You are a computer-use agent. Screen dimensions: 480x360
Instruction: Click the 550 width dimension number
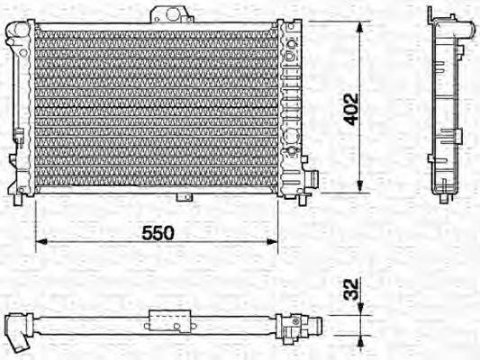pyautogui.click(x=158, y=233)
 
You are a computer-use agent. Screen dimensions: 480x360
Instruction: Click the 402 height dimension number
pyautogui.click(x=350, y=109)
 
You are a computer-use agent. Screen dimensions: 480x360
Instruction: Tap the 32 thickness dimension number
pyautogui.click(x=351, y=289)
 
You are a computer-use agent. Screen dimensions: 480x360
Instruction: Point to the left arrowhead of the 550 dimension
pyautogui.click(x=41, y=241)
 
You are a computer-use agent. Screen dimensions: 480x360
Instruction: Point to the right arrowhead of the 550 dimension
pyautogui.click(x=272, y=241)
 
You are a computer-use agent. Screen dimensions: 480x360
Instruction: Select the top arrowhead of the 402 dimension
pyautogui.click(x=360, y=27)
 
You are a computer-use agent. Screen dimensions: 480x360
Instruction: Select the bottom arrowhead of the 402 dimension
pyautogui.click(x=360, y=186)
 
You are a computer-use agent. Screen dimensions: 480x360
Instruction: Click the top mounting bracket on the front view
pyautogui.click(x=172, y=14)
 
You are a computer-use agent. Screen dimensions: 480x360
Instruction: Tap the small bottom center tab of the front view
pyautogui.click(x=185, y=197)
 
